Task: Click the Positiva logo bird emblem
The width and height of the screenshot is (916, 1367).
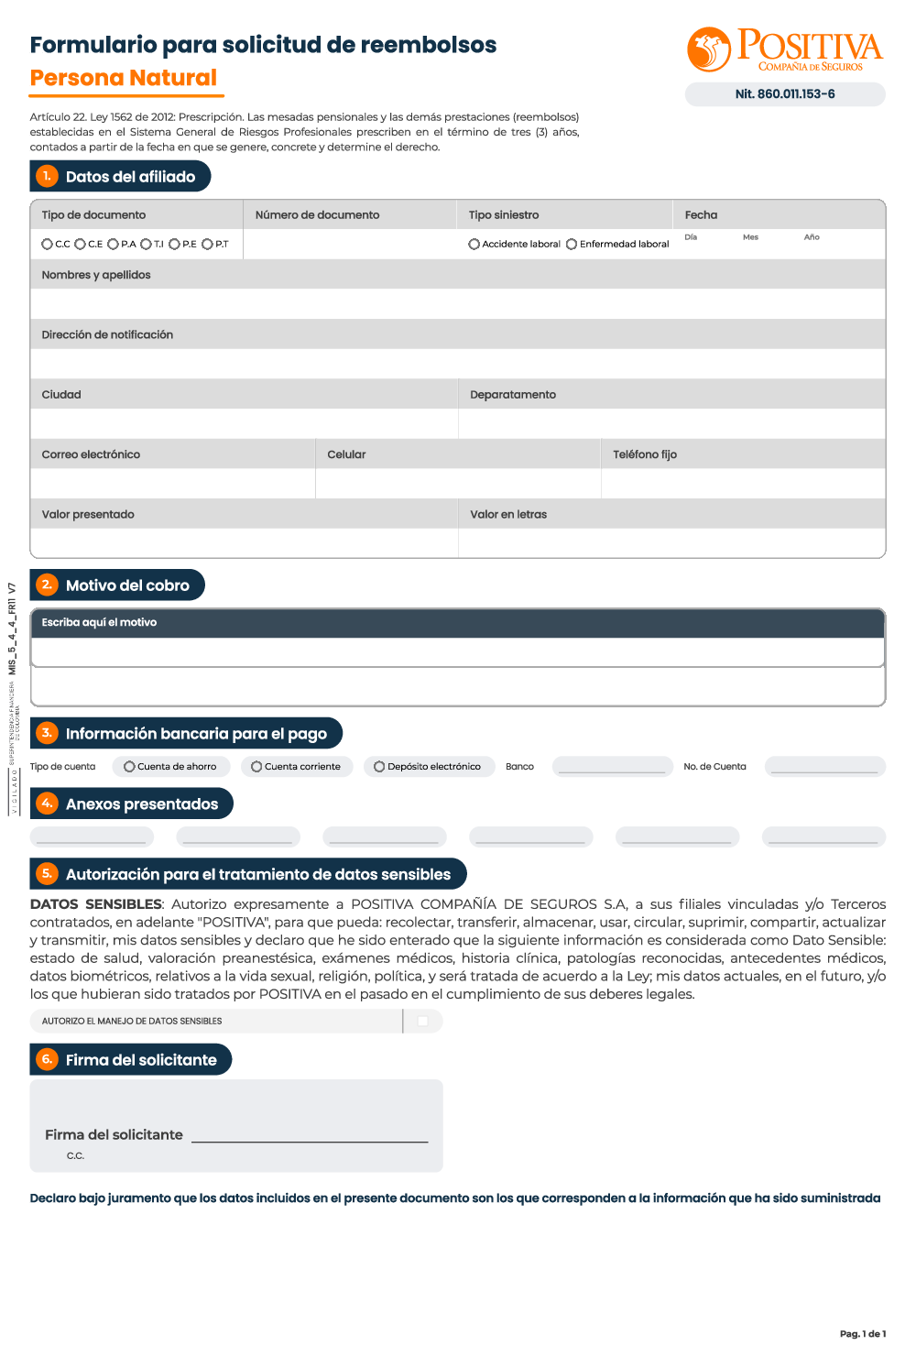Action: [708, 49]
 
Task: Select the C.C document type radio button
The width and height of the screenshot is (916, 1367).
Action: [47, 244]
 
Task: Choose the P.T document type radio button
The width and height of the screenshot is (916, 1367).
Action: [207, 244]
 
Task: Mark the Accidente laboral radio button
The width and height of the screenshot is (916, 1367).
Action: [474, 244]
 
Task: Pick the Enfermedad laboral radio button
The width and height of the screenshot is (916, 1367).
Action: [572, 244]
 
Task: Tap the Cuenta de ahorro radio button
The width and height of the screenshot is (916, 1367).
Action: [129, 766]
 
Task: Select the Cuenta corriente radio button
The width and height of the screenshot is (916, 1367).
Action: [256, 766]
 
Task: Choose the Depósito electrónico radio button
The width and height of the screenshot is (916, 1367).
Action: [379, 766]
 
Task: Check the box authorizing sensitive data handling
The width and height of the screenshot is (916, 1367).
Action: [422, 1021]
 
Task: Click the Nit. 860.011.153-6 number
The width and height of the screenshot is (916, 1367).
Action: [785, 93]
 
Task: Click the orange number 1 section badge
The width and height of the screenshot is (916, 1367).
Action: [47, 176]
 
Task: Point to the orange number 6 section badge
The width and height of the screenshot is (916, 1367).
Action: [47, 1059]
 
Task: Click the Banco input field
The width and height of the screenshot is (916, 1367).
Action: [612, 766]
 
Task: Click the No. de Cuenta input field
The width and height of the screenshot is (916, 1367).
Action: [824, 766]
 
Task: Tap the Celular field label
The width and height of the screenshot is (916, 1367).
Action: [346, 454]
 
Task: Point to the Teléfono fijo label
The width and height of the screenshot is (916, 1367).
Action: [645, 454]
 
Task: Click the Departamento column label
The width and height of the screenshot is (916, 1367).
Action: [513, 395]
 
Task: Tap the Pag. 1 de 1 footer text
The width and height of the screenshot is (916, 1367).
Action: [863, 1333]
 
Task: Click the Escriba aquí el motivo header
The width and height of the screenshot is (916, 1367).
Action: [99, 622]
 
